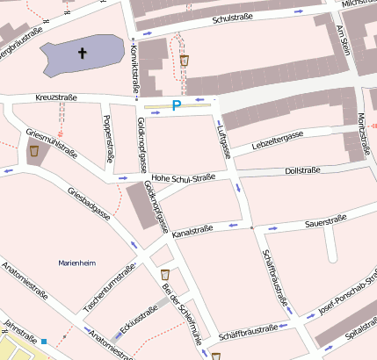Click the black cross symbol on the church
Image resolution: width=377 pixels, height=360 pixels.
[x=83, y=54]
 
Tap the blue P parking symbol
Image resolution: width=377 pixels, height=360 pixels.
[x=177, y=105]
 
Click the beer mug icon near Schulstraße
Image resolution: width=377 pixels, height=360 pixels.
[x=185, y=61]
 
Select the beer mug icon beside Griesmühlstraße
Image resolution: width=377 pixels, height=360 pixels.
[x=34, y=151]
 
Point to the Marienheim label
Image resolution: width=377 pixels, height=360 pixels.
[x=76, y=263]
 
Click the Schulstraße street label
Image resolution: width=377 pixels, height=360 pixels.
[x=238, y=18]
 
